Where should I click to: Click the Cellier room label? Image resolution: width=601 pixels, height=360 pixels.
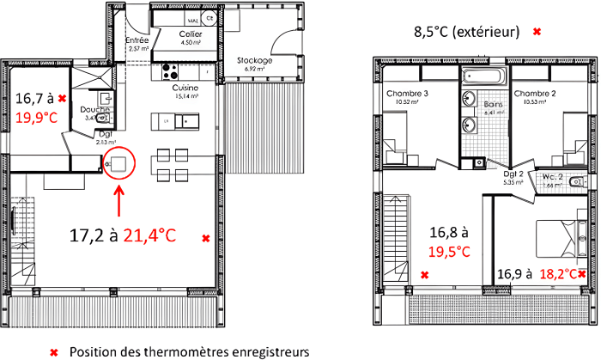tap(190, 34)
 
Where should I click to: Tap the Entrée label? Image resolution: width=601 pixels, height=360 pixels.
tap(137, 40)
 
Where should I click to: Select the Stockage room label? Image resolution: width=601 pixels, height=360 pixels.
tap(255, 61)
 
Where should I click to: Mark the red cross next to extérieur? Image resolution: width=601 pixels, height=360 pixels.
tap(537, 33)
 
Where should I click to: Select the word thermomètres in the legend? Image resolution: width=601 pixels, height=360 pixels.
tap(185, 351)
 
